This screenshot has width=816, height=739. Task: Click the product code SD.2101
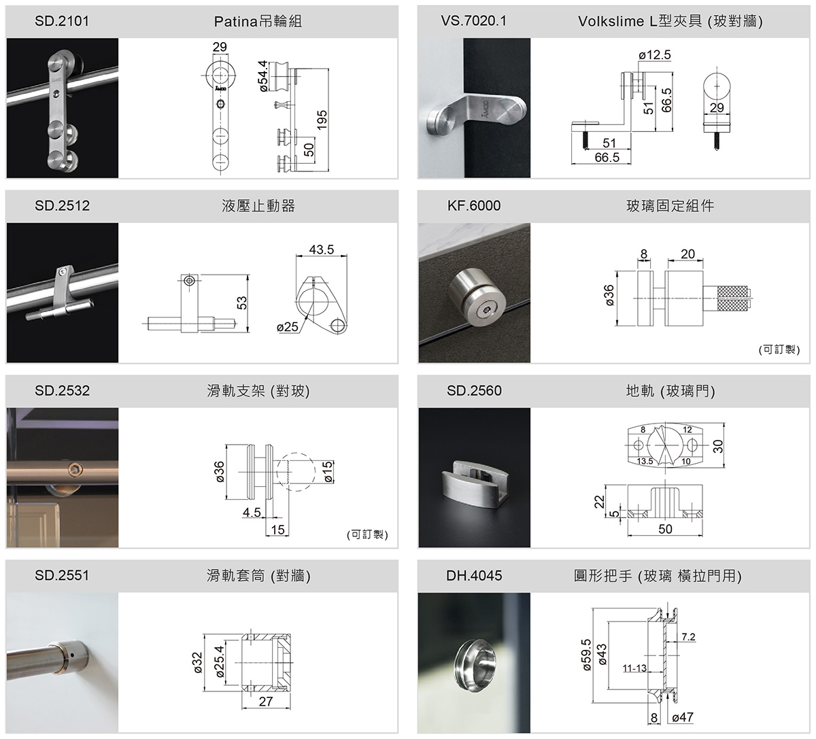(x=62, y=21)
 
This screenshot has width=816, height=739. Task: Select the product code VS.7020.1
(x=474, y=21)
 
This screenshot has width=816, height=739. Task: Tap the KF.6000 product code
(x=474, y=206)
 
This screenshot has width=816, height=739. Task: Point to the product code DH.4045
(x=474, y=576)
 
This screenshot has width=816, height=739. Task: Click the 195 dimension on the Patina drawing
(x=322, y=120)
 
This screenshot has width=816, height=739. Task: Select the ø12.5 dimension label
(x=655, y=54)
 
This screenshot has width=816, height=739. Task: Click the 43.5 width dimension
(x=322, y=250)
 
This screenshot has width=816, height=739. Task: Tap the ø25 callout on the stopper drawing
(x=288, y=326)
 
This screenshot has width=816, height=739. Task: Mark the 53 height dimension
(x=241, y=303)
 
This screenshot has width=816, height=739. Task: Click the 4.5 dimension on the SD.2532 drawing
(x=252, y=512)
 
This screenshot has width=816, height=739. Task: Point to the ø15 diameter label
(x=328, y=472)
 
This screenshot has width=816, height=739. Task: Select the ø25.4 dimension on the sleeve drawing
(x=220, y=661)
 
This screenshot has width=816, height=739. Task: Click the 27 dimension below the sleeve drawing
(x=266, y=702)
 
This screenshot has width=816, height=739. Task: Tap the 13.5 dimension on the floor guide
(x=645, y=461)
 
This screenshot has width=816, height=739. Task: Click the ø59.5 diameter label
(x=586, y=655)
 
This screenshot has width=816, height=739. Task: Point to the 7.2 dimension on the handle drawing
(x=688, y=636)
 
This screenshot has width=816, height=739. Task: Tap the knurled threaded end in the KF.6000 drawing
(x=734, y=298)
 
